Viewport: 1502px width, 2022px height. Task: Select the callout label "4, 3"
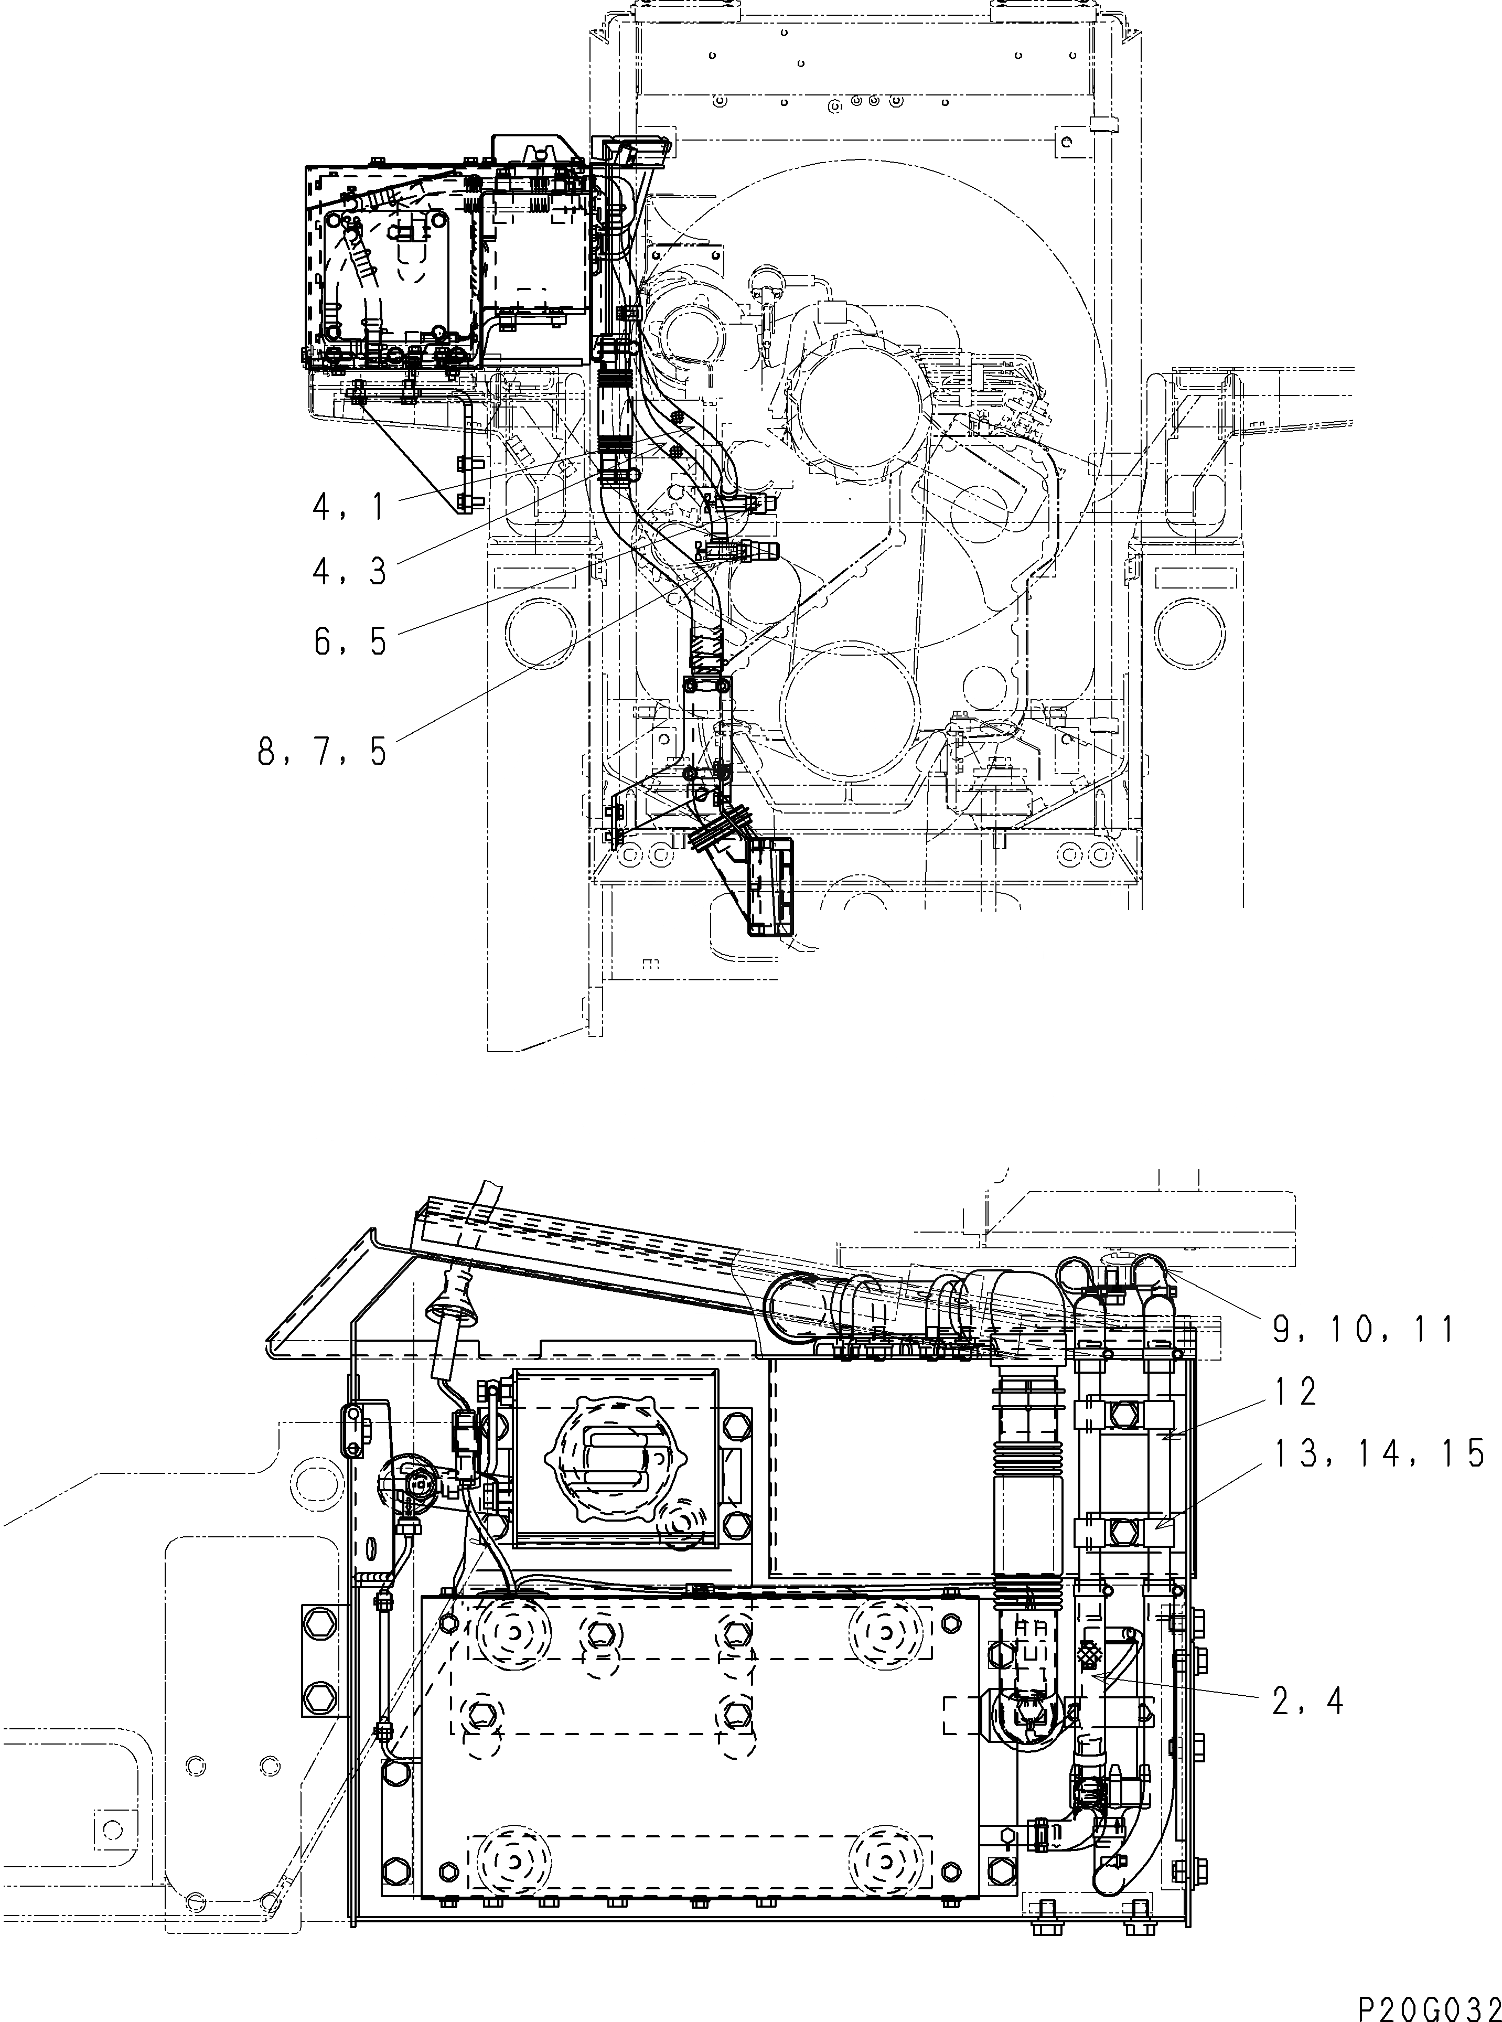(x=349, y=571)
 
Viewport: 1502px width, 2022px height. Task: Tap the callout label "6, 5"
(x=350, y=643)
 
